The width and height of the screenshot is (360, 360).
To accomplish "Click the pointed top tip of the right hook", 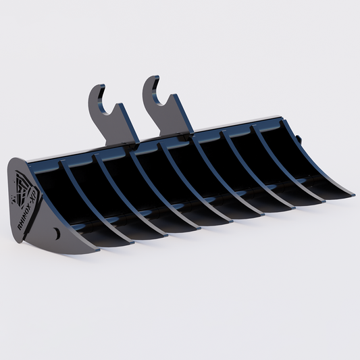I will pyautogui.click(x=149, y=78).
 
